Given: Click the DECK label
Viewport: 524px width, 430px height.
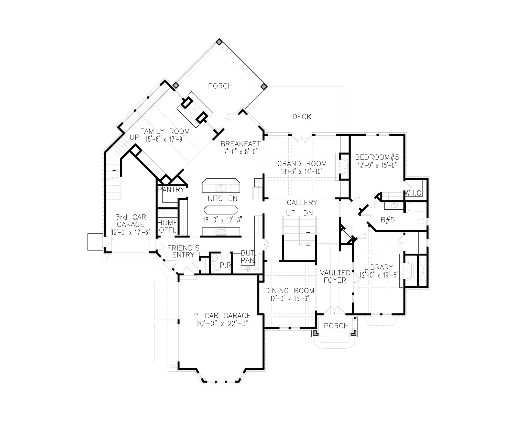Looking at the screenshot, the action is [302, 117].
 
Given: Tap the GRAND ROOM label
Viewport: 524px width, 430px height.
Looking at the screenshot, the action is [302, 164].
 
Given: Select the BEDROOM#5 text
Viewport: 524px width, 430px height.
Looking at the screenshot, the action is [377, 157].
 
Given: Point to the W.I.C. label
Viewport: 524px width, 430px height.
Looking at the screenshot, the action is [413, 193].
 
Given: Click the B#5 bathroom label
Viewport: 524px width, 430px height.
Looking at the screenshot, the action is [388, 220].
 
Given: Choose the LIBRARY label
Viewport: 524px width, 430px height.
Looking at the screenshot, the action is [378, 267].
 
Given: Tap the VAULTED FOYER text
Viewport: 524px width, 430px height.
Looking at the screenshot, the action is [335, 276].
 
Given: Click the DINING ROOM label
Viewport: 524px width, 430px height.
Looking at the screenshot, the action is [290, 291].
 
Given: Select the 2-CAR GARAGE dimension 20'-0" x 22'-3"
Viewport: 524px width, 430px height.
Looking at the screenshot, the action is [223, 324].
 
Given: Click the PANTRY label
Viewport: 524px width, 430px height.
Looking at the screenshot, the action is [171, 190].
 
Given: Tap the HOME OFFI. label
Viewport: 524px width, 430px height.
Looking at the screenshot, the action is [168, 226].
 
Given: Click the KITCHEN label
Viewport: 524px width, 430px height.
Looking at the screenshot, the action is [223, 198].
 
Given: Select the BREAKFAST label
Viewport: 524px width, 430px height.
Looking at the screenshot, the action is [241, 144].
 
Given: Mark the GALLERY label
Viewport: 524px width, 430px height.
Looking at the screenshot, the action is [302, 203].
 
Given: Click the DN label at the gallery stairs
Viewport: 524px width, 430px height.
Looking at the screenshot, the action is [308, 213].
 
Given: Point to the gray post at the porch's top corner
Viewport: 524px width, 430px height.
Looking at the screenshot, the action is [219, 42].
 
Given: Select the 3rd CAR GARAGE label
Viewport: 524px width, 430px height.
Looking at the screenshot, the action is [130, 221].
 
